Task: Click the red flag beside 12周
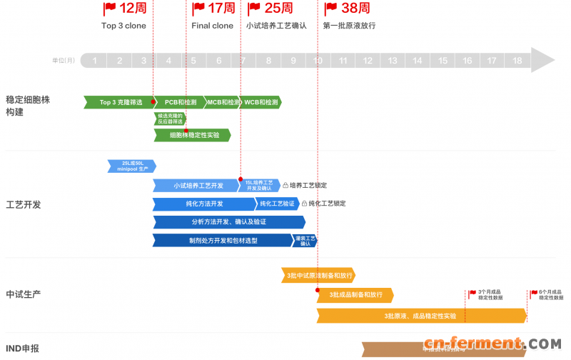(109, 9)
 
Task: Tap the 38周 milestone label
(355, 9)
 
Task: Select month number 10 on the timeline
(318, 61)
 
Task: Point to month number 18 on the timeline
(517, 61)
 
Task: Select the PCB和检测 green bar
(179, 102)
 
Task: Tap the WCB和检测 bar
(260, 102)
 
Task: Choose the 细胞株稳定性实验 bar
(193, 135)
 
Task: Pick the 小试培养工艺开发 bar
(196, 186)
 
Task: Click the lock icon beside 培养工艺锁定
(285, 186)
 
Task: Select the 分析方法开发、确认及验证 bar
(228, 222)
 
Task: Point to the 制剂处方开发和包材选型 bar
(222, 241)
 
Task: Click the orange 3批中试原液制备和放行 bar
(318, 275)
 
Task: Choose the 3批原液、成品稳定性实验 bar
(421, 315)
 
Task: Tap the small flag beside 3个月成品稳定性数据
(473, 293)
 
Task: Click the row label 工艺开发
(24, 204)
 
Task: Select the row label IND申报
(23, 349)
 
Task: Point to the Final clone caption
(212, 26)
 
